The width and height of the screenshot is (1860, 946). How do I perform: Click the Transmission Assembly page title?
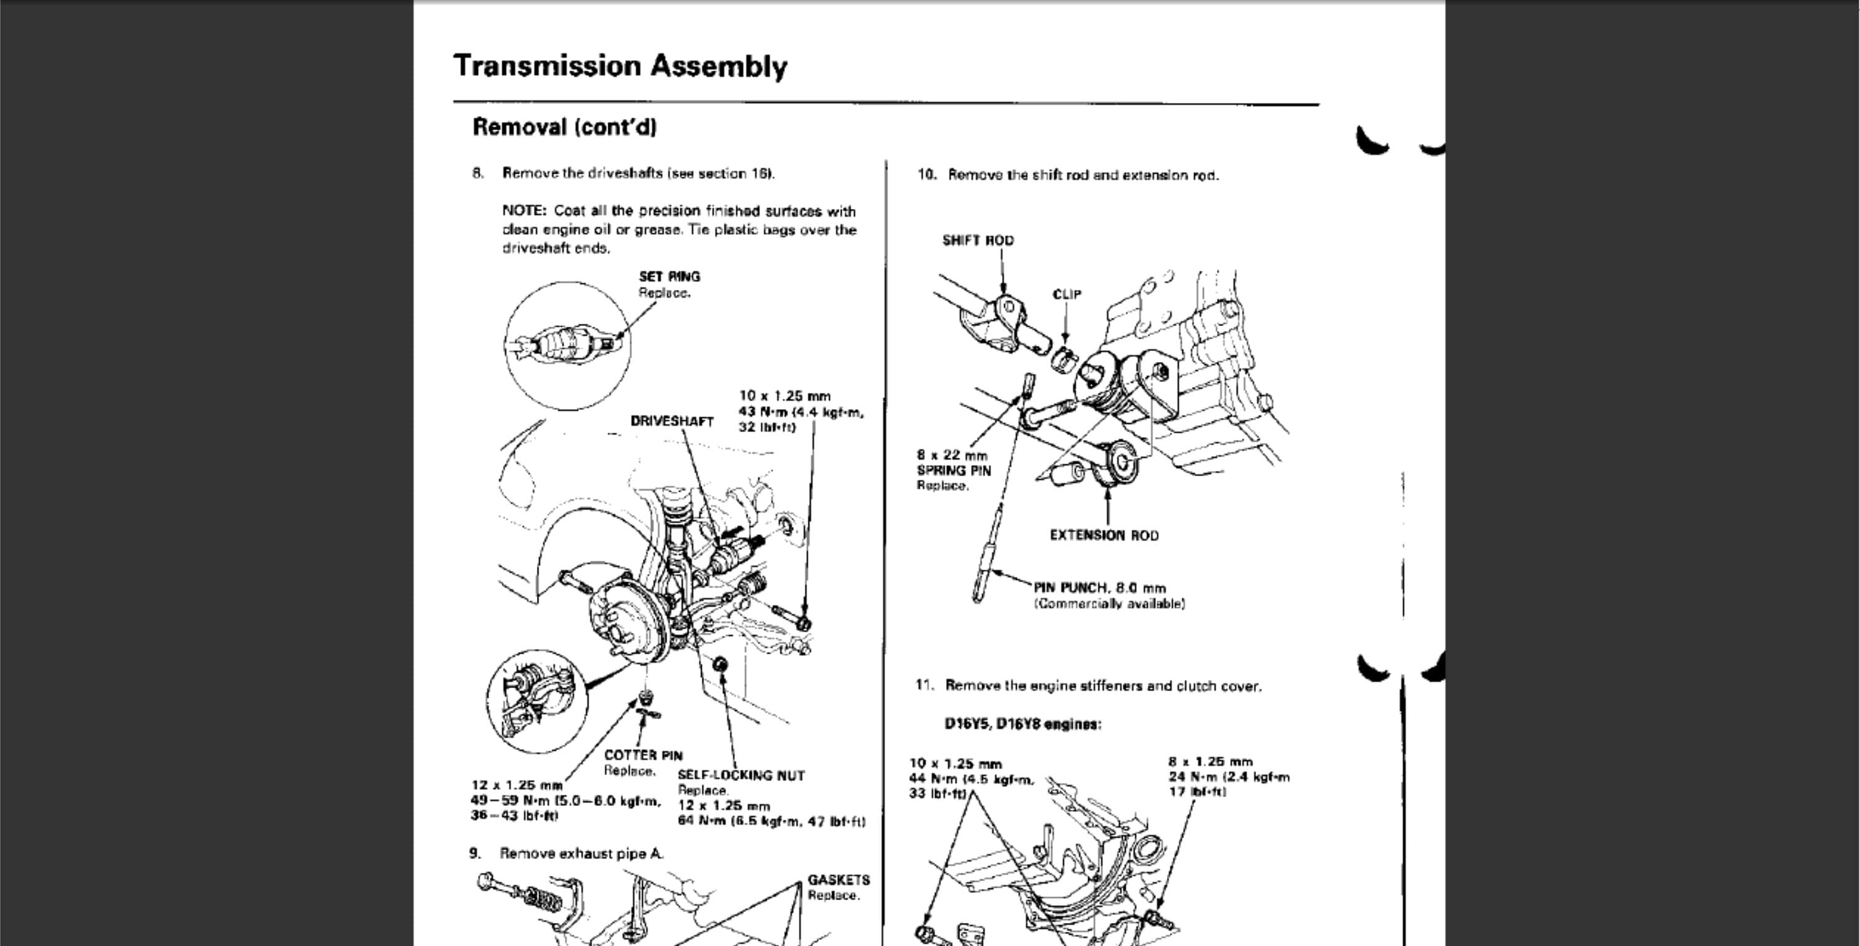(619, 66)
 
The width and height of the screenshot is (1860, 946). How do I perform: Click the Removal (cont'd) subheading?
(564, 127)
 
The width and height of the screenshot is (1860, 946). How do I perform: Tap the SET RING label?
(668, 276)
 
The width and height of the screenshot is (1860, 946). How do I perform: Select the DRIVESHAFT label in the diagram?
(671, 421)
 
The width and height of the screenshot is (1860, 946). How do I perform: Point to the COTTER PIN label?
(642, 755)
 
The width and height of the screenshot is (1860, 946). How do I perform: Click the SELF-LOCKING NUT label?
(740, 776)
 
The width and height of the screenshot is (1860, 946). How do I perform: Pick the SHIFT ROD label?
(977, 241)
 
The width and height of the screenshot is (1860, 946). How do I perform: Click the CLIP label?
(1066, 294)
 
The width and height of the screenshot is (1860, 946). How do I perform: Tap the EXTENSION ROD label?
(1104, 535)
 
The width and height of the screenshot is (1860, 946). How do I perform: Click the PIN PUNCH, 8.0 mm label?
(1099, 588)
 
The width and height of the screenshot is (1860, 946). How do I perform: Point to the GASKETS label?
(838, 880)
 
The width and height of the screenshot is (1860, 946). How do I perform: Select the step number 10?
(926, 175)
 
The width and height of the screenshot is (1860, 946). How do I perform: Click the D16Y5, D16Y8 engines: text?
(1022, 723)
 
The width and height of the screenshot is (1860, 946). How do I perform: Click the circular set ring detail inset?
(567, 346)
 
